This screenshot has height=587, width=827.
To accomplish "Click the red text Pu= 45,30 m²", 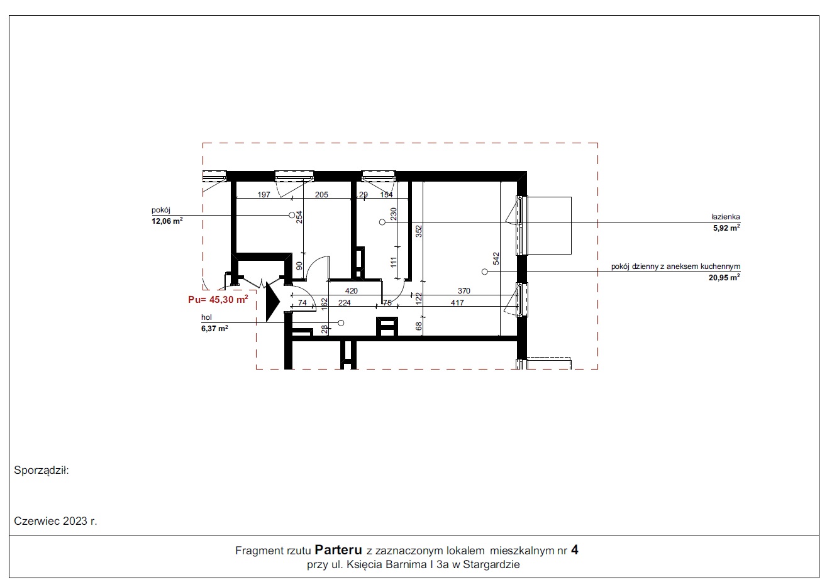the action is click(x=218, y=299).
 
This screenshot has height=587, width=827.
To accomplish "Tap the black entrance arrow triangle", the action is click(x=272, y=302).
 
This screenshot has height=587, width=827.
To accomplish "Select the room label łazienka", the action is click(x=726, y=217).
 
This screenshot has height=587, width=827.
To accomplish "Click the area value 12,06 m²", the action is click(x=167, y=221).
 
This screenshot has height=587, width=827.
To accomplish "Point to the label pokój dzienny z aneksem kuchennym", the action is click(x=675, y=266).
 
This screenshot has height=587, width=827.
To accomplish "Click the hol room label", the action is click(x=206, y=317).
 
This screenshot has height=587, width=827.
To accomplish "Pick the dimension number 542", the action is click(x=496, y=259).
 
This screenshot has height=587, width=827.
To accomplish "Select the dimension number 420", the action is click(x=352, y=291).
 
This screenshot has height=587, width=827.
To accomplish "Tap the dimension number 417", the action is click(x=457, y=302).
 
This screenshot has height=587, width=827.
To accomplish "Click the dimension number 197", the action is click(x=264, y=194).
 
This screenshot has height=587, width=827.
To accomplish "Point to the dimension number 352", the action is click(x=419, y=231).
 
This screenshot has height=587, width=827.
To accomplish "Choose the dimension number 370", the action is click(x=464, y=291).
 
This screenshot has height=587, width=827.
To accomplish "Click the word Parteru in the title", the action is click(x=338, y=550).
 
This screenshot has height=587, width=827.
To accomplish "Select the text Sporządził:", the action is click(x=42, y=470).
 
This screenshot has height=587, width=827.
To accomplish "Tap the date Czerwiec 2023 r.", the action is click(x=55, y=521).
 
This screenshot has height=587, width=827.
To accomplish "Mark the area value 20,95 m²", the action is click(x=724, y=277).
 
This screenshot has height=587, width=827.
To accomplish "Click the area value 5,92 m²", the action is click(x=726, y=228).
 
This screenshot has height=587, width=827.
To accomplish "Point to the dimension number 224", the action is click(x=345, y=302).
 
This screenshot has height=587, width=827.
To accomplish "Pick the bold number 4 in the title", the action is click(x=574, y=550).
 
